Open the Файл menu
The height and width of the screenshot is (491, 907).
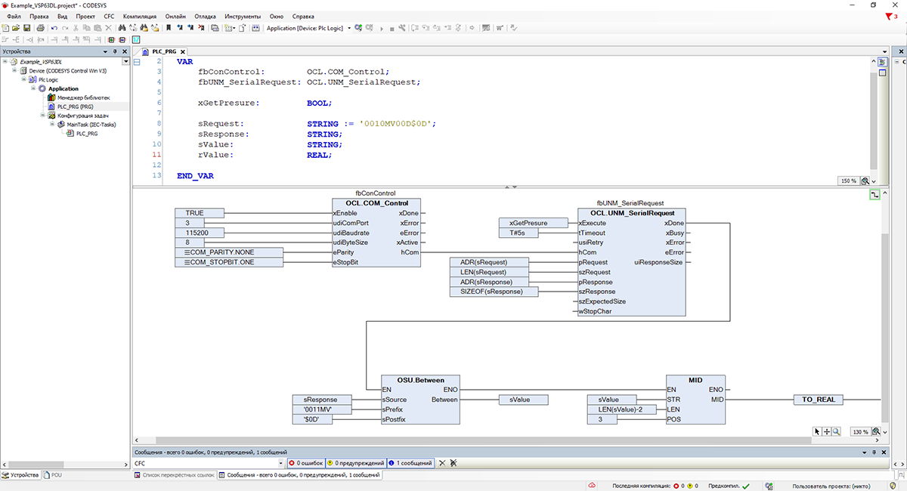pyautogui.click(x=14, y=17)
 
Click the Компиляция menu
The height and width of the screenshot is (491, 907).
pyautogui.click(x=139, y=17)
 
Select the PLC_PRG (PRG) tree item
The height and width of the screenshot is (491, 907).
pyautogui.click(x=75, y=107)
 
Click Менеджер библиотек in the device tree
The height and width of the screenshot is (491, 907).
pyautogui.click(x=83, y=97)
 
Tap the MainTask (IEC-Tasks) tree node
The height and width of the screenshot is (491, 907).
pyautogui.click(x=91, y=125)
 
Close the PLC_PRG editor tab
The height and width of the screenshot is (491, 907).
pyautogui.click(x=183, y=52)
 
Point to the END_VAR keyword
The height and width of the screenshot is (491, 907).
pyautogui.click(x=195, y=176)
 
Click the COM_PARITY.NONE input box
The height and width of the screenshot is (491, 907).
pyautogui.click(x=229, y=252)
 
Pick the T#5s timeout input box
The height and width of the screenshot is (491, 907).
pyautogui.click(x=519, y=233)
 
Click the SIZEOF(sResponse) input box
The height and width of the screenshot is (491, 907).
pyautogui.click(x=494, y=292)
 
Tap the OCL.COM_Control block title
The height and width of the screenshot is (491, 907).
pyautogui.click(x=376, y=203)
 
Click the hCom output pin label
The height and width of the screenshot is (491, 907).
pyautogui.click(x=410, y=252)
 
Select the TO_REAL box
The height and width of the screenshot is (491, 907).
pyautogui.click(x=818, y=400)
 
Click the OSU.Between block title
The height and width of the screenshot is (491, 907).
pyautogui.click(x=420, y=380)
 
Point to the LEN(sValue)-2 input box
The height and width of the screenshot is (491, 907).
pyautogui.click(x=621, y=409)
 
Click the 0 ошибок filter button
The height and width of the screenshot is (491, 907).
pyautogui.click(x=307, y=463)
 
